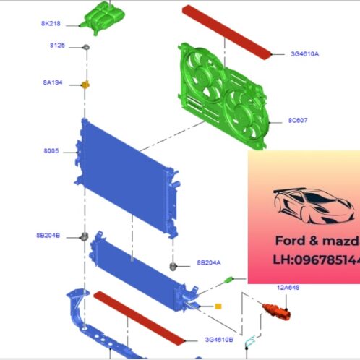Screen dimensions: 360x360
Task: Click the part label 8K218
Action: point(51,23)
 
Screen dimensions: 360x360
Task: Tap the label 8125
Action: point(57,46)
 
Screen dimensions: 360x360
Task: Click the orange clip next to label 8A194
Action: point(85,85)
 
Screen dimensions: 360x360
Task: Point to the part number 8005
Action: point(51,152)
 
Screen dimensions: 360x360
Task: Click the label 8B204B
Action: point(48,236)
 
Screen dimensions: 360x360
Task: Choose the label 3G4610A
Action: point(305,53)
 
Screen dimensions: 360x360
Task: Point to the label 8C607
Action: point(298,121)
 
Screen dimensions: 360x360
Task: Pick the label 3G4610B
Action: point(218,338)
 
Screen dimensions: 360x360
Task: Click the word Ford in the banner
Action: point(292,240)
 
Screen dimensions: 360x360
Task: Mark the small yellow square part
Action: point(218,307)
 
